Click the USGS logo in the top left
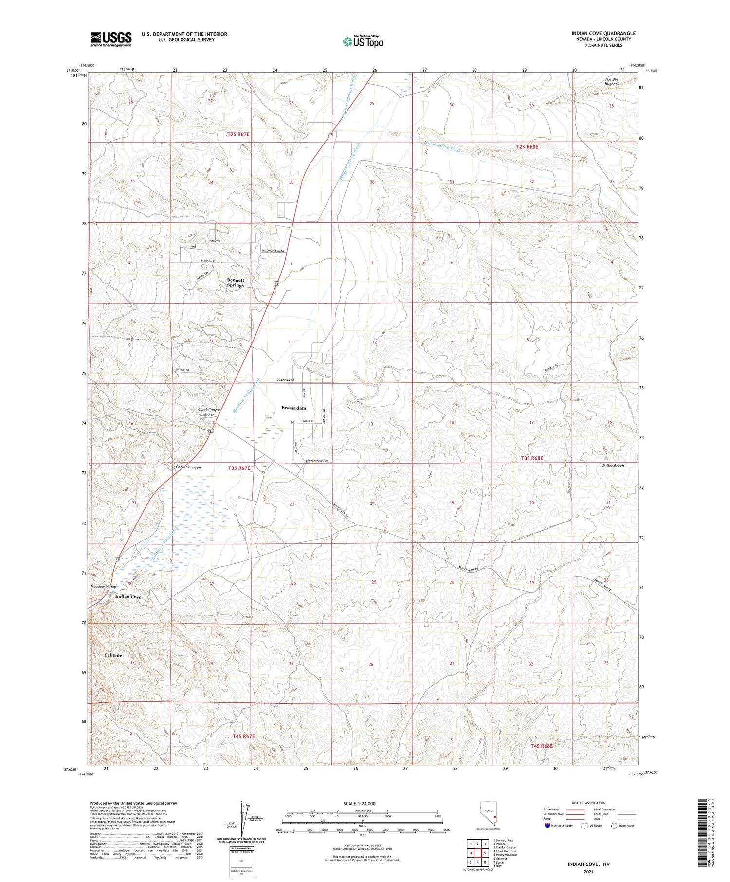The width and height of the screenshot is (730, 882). click(111, 39)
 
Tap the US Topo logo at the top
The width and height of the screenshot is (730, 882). click(363, 42)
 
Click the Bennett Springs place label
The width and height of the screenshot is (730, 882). click(236, 283)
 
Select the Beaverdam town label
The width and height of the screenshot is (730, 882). click(294, 408)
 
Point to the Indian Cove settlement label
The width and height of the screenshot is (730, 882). click(128, 597)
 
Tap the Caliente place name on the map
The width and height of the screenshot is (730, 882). click(113, 655)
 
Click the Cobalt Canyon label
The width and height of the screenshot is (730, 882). click(188, 467)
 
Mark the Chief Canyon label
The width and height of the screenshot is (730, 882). click(209, 410)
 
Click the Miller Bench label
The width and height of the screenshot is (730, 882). click(613, 466)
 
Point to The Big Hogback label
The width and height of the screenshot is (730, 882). click(612, 81)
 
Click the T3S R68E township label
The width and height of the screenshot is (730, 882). click(531, 458)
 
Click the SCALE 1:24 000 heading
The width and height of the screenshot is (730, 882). click(359, 803)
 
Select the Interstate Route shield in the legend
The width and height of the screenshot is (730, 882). click(548, 826)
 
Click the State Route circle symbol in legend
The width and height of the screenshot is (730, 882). click(614, 826)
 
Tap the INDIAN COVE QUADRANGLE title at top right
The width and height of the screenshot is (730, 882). click(603, 33)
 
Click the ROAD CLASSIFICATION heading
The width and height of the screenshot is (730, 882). click(588, 803)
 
